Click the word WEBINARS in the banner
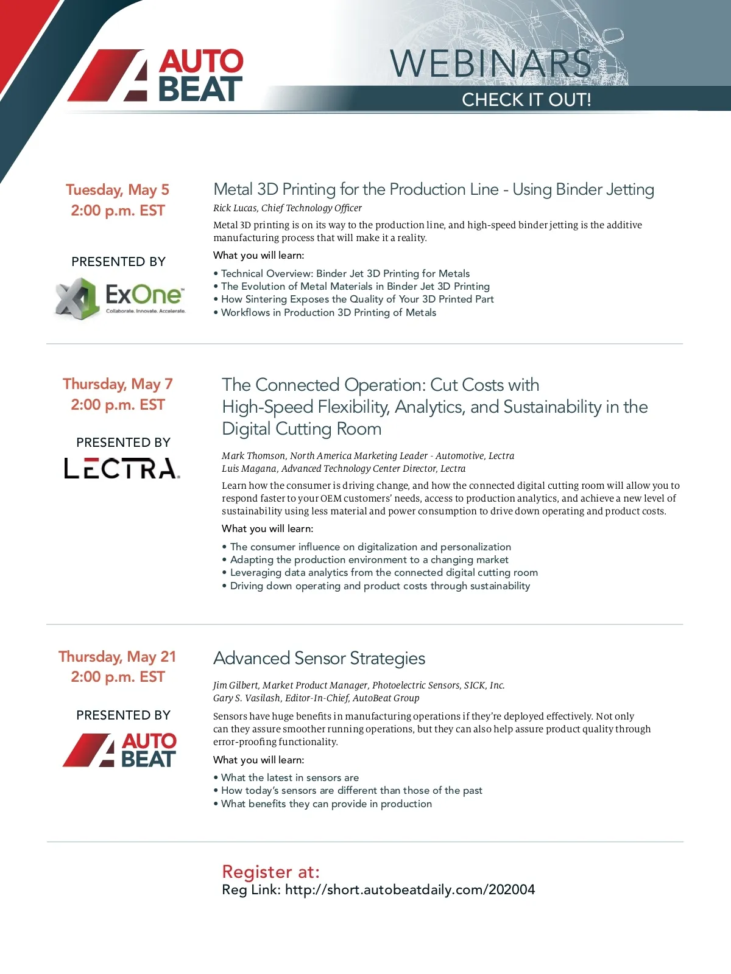coord(490,63)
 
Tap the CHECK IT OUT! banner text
coord(526,100)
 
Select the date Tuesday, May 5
coord(118,190)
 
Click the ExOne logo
coord(120,298)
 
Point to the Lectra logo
coord(122,469)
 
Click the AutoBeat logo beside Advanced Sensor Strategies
coord(120,750)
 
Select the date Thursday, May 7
coord(118,384)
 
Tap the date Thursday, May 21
coord(118,657)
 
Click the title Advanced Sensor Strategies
coord(319,658)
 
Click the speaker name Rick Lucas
coord(235,208)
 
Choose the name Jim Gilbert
coord(236,685)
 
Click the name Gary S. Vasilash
coord(247,698)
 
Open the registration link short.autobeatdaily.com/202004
coord(409,890)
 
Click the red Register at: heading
coord(270,872)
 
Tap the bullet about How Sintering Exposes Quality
coord(357,300)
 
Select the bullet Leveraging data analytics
coord(384,573)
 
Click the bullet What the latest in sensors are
coord(290,778)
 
